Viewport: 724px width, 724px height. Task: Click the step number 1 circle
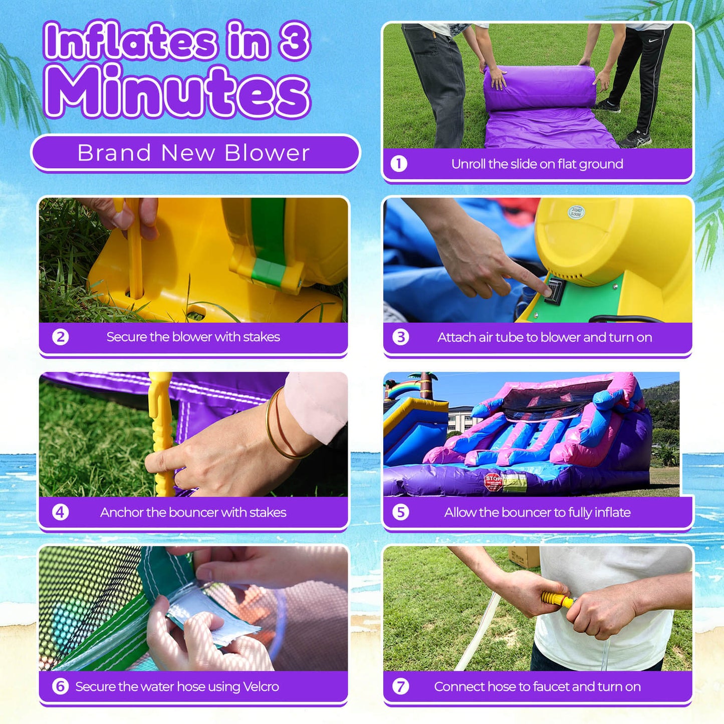pyautogui.click(x=399, y=164)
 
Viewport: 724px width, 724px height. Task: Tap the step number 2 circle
pyautogui.click(x=61, y=337)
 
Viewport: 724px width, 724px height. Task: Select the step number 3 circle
pyautogui.click(x=401, y=337)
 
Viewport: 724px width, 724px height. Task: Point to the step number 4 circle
pyautogui.click(x=61, y=512)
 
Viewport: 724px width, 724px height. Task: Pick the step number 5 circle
pyautogui.click(x=401, y=512)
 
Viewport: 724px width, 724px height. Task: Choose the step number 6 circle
pyautogui.click(x=61, y=686)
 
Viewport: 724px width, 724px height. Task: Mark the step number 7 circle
pyautogui.click(x=401, y=686)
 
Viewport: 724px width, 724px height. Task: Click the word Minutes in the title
pyautogui.click(x=178, y=93)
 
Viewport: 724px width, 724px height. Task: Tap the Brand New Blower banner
pyautogui.click(x=195, y=153)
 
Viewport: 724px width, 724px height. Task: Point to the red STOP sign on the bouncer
pyautogui.click(x=493, y=481)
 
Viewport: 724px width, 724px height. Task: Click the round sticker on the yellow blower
pyautogui.click(x=577, y=212)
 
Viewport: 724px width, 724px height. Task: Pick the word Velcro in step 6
pyautogui.click(x=261, y=686)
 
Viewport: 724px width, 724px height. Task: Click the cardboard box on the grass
pyautogui.click(x=523, y=556)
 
